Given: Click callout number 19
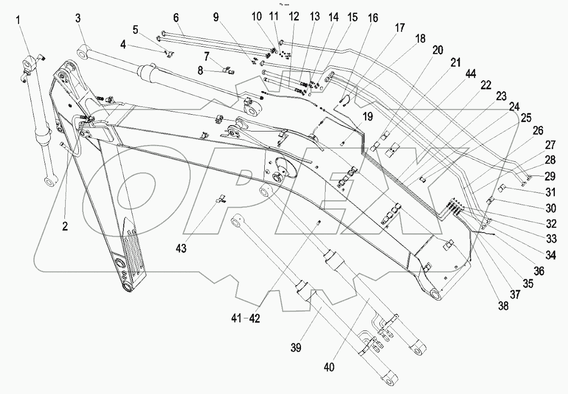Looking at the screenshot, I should (368, 117).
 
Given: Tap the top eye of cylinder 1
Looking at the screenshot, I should (30, 63).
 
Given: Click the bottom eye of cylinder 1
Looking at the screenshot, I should (49, 182).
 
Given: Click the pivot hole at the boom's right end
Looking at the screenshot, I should (437, 296).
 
